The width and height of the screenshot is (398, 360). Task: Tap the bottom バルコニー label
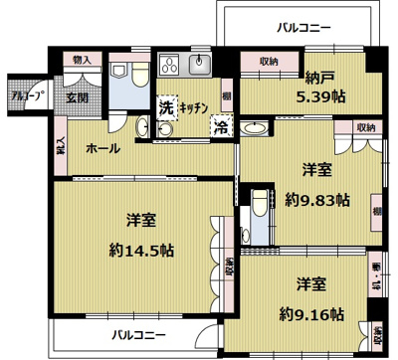tap(138, 334)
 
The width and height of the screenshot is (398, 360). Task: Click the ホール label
tap(103, 149)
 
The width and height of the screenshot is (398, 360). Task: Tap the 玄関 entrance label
tap(78, 97)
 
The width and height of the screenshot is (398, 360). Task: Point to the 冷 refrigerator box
tap(220, 126)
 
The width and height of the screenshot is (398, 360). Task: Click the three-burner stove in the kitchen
tap(166, 67)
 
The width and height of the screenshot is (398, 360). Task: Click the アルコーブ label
tap(26, 97)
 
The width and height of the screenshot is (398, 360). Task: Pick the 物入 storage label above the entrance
tap(83, 61)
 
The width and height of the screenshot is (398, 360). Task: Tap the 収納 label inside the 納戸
tap(268, 62)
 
